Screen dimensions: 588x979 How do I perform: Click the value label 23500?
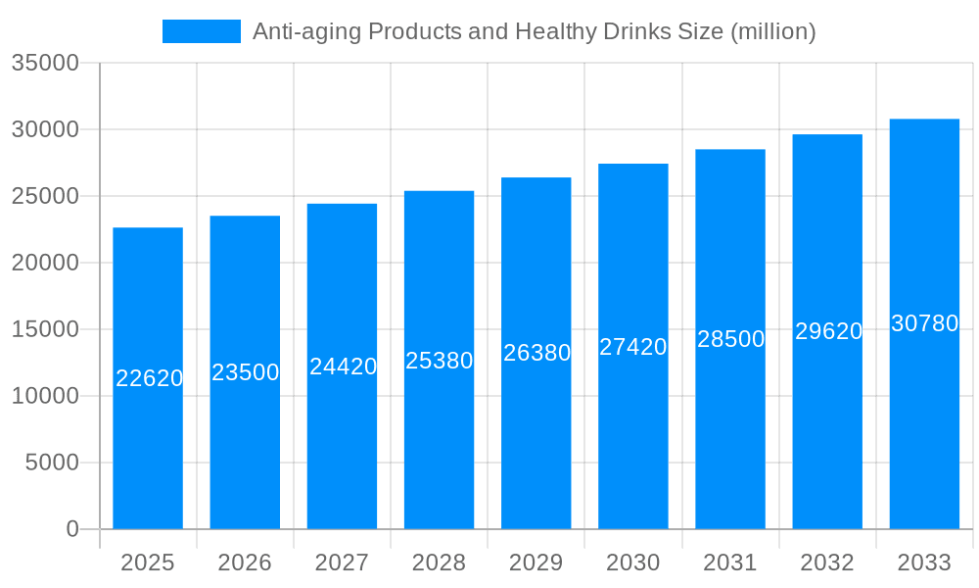click(246, 372)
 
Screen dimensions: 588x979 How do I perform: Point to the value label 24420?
click(343, 367)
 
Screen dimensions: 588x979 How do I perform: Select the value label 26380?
click(536, 353)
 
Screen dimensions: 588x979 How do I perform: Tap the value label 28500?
click(730, 339)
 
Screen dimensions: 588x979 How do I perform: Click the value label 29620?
click(828, 331)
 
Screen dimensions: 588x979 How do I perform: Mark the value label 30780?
click(924, 323)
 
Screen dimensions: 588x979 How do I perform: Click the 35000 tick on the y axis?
click(45, 63)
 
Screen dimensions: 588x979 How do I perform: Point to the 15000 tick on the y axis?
click(45, 329)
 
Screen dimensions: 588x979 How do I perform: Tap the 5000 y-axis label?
click(52, 463)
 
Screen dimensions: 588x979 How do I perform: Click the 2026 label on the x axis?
click(245, 563)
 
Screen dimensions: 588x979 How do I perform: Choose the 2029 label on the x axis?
click(536, 563)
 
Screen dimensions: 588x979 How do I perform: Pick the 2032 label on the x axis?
click(827, 563)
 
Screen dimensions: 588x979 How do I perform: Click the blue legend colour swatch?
click(202, 31)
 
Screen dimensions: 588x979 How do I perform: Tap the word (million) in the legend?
click(772, 31)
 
